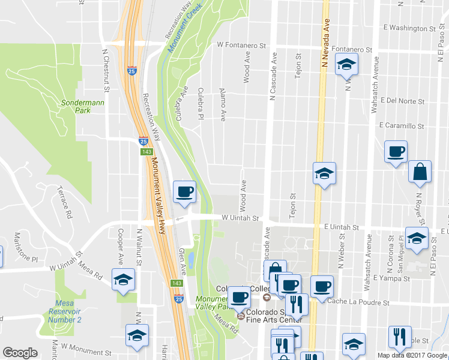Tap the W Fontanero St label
click(241, 45)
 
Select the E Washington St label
click(411, 28)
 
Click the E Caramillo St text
click(402, 126)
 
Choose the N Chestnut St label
click(105, 71)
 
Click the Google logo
click(20, 353)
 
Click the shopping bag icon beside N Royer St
click(420, 172)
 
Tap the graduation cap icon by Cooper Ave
click(124, 280)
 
